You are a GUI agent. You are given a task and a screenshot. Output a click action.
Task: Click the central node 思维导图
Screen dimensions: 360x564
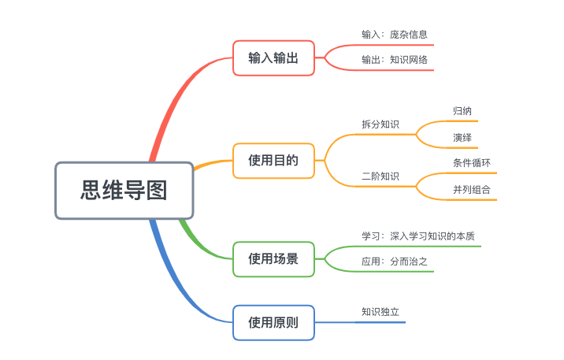point(124,190)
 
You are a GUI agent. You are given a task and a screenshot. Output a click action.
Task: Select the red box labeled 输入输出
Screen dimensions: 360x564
point(273,58)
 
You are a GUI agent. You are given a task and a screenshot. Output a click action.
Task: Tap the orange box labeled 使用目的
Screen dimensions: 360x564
point(273,161)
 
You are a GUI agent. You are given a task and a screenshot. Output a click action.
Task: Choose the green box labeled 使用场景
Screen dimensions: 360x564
point(273,258)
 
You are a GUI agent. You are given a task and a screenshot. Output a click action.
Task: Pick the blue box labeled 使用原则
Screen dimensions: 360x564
point(273,322)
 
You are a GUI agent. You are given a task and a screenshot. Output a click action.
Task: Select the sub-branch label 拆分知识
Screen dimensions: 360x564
point(380,124)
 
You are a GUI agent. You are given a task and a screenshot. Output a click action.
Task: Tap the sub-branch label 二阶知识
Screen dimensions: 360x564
point(380,176)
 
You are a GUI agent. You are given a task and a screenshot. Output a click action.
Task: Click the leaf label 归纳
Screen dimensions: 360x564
point(462,111)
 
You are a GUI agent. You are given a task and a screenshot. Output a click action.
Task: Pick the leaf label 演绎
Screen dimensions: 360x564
point(462,137)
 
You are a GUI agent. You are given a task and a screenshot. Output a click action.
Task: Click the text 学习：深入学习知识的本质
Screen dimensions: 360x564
point(417,236)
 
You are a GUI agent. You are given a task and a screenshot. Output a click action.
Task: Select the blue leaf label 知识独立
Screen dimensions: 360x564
point(380,311)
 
